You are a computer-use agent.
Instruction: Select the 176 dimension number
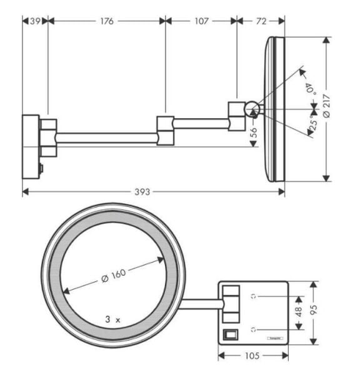coord(107,21)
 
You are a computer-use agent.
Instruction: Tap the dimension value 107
coord(201,21)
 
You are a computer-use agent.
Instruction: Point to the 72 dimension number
coord(261,21)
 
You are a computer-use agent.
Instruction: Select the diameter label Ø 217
coord(336,109)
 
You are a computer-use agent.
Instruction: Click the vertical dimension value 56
coord(254,132)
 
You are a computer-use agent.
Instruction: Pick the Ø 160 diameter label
coord(113,275)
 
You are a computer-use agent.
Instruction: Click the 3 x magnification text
coord(112,319)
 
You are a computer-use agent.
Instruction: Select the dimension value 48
coord(299,311)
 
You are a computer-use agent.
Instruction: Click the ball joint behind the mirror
coord(252,109)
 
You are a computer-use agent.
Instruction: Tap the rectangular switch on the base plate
coord(231,334)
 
